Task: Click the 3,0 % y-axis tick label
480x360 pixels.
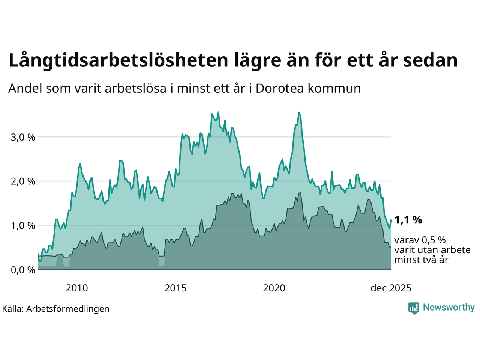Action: [x=23, y=137]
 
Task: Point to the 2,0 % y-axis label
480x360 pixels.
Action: [x=23, y=181]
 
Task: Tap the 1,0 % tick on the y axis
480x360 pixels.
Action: [x=23, y=226]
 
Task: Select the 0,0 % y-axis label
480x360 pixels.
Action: [x=23, y=270]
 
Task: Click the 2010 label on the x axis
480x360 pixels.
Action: [x=77, y=288]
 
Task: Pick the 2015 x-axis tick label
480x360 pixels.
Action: [x=175, y=288]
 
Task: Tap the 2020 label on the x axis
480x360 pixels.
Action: [x=274, y=288]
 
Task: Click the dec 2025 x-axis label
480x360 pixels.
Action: [x=391, y=288]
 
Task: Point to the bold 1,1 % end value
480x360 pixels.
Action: [x=408, y=220]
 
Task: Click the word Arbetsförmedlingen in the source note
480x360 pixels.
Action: [x=68, y=309]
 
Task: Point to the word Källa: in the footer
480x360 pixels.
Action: [x=13, y=309]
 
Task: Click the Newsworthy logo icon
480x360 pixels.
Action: [x=414, y=308]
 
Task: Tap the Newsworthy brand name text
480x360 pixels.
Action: [x=448, y=307]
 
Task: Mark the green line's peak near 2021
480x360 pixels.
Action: [x=299, y=112]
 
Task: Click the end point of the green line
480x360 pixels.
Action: [x=391, y=220]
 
